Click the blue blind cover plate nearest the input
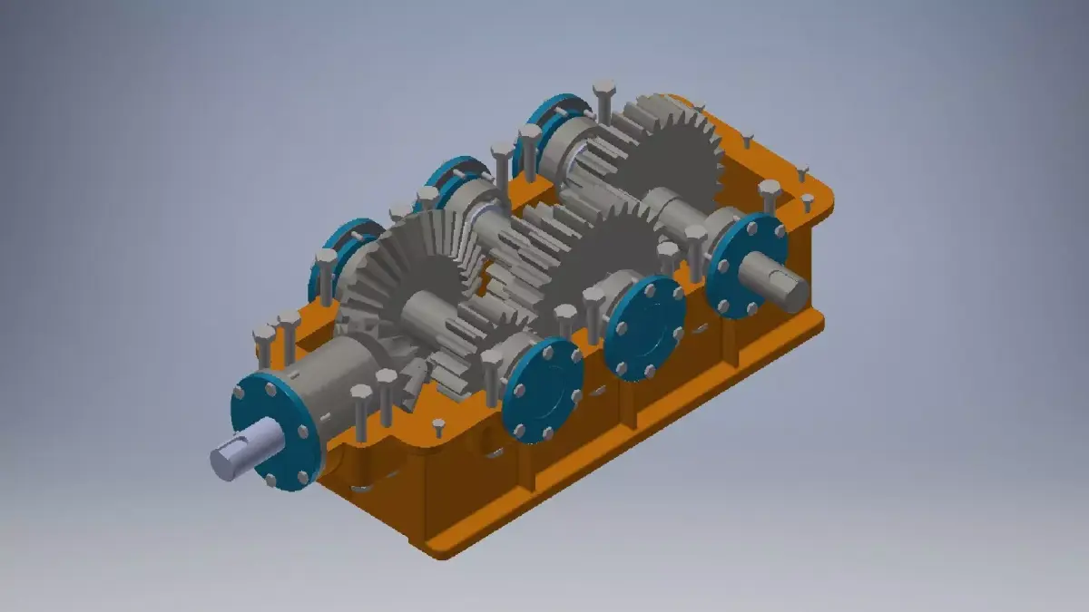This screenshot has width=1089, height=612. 543,390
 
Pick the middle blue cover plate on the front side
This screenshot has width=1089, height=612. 644,328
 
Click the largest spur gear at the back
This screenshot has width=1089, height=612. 672,154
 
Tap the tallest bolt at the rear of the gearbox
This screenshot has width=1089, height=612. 603,100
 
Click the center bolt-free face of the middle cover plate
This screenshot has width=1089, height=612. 646,328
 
